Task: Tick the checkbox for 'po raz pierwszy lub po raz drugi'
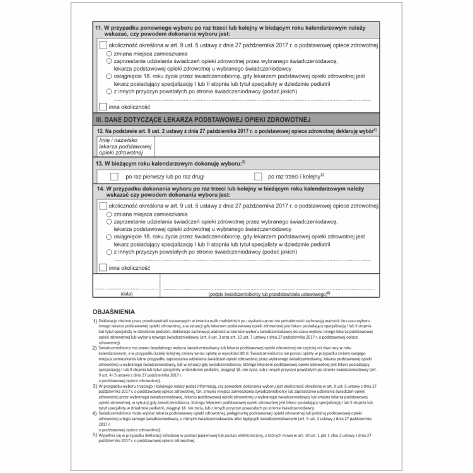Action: [x=114, y=177]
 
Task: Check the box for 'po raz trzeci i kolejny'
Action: [x=258, y=177]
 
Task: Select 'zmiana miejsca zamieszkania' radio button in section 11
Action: [x=110, y=54]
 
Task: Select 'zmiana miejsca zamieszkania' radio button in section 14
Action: [x=110, y=214]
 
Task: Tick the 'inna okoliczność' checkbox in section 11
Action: [x=103, y=107]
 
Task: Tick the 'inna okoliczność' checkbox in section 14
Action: [x=103, y=267]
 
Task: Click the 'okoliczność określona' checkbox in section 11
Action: [x=103, y=45]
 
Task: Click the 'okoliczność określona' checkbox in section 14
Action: [x=103, y=206]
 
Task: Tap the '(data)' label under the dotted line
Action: [x=126, y=294]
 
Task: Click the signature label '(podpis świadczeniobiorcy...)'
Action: [x=269, y=294]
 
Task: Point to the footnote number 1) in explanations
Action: [x=95, y=321]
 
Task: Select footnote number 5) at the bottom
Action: [x=95, y=435]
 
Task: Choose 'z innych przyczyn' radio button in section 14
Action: [x=110, y=252]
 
